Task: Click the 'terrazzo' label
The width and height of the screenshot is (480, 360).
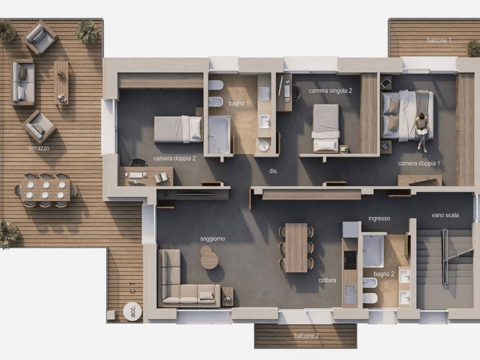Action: [39, 148]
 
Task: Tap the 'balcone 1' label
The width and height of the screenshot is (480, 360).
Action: [439, 40]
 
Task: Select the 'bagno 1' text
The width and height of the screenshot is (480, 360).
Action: [239, 104]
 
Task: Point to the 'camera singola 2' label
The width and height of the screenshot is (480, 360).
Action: [330, 90]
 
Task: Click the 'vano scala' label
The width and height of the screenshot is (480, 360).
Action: [445, 215]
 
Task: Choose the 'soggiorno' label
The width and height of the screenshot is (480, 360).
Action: [213, 239]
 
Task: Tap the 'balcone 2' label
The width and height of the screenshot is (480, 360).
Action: [307, 336]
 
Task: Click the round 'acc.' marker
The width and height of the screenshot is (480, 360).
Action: [133, 311]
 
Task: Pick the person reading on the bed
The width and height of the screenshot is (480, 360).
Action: [421, 132]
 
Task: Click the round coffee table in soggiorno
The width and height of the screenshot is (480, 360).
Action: [209, 257]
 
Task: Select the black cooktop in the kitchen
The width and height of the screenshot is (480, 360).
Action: [350, 260]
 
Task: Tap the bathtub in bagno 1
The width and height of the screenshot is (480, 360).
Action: [219, 135]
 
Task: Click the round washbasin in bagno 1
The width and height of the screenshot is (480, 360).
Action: [263, 146]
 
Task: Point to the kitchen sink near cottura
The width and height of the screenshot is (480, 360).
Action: [350, 294]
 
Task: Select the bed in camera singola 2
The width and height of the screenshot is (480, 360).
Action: [326, 128]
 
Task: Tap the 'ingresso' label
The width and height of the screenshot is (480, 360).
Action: [379, 218]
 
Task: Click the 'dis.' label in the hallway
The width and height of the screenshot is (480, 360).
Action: [273, 171]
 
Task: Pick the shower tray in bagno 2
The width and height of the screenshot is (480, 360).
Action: [373, 251]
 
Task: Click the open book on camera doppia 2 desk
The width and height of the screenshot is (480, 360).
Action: [161, 178]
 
